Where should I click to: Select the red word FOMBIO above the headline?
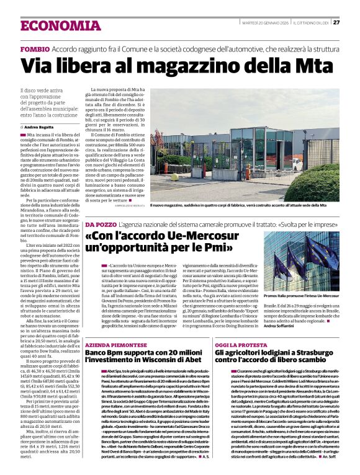tap(35, 48)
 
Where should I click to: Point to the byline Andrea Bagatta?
tap(40, 126)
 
